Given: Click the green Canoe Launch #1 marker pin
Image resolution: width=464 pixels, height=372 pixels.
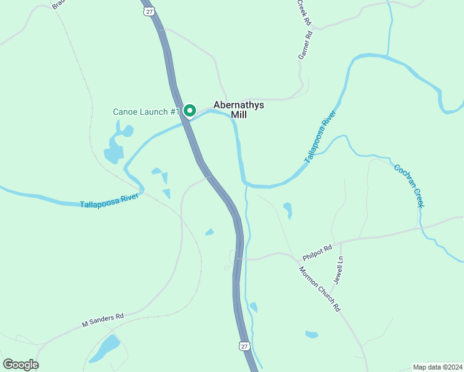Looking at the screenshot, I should (x=189, y=111).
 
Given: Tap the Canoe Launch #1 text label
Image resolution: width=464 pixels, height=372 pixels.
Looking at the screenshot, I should (x=146, y=112).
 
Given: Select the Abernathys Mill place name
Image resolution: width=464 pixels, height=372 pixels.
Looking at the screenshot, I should (x=239, y=110).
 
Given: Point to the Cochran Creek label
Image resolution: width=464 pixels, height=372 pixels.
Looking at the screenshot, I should (x=409, y=185).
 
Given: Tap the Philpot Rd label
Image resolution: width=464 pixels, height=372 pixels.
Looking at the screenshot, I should (x=318, y=251).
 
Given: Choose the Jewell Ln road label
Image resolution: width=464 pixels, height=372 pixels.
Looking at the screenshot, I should (x=338, y=270).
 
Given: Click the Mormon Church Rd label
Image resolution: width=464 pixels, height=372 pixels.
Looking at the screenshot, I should (x=320, y=289).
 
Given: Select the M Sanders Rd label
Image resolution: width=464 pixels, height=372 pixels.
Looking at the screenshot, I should (x=103, y=320).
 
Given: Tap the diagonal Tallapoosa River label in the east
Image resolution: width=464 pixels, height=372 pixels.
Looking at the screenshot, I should (x=321, y=137).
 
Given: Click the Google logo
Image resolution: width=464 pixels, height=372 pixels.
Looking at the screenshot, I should (x=20, y=364).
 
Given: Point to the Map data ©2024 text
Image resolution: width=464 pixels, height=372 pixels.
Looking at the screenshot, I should (x=437, y=366).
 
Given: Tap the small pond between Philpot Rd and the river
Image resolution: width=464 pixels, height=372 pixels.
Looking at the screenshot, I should (x=288, y=210).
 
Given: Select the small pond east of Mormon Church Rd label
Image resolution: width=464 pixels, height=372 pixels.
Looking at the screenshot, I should (x=311, y=334).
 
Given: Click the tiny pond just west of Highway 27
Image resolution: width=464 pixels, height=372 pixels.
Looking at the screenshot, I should (x=210, y=232).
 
